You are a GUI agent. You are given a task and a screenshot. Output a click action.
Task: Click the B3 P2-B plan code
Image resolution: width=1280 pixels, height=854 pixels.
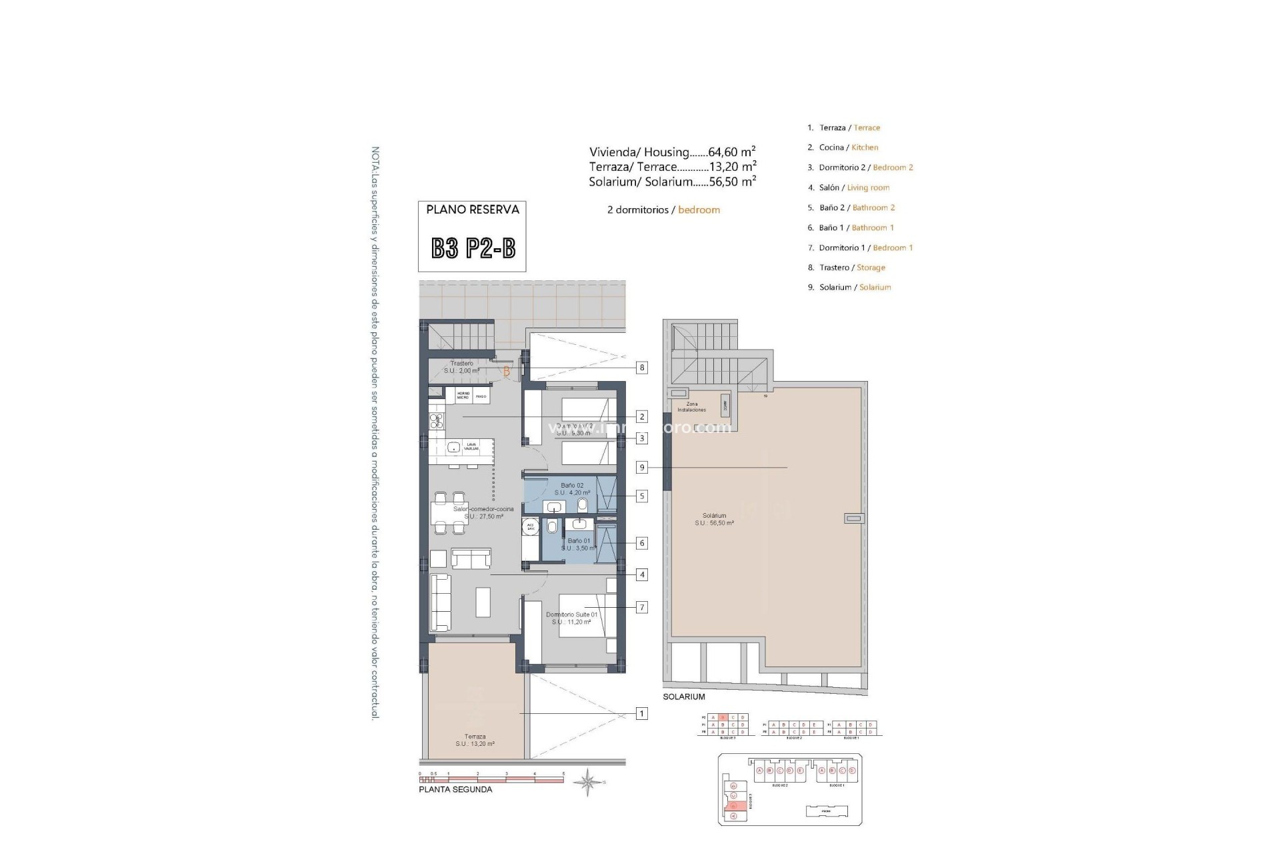[473, 249]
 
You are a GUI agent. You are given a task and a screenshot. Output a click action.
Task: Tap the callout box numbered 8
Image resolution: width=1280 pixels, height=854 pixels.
[641, 368]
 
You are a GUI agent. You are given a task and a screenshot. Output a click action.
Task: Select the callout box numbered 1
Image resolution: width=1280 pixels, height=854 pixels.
[641, 714]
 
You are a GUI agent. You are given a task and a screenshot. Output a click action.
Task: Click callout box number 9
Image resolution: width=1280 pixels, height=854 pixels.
[641, 468]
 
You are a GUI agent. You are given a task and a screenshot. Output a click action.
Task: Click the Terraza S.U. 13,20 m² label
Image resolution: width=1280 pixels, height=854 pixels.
[475, 740]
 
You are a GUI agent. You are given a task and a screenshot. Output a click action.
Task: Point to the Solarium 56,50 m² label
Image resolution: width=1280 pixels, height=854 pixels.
[714, 519]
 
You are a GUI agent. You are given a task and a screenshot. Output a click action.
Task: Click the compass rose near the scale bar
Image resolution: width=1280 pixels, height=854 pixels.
[587, 781]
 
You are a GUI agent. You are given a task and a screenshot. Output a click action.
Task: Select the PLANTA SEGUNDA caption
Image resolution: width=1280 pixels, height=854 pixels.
[455, 789]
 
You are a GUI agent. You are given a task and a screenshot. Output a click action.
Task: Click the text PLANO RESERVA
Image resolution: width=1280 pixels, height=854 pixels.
[472, 209]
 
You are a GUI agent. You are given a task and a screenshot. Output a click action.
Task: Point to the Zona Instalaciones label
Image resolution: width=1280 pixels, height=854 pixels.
[692, 407]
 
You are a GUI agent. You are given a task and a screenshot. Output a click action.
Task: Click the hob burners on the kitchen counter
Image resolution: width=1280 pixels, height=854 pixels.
[436, 420]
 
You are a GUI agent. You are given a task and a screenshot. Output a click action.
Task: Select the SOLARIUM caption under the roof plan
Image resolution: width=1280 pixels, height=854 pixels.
[683, 697]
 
